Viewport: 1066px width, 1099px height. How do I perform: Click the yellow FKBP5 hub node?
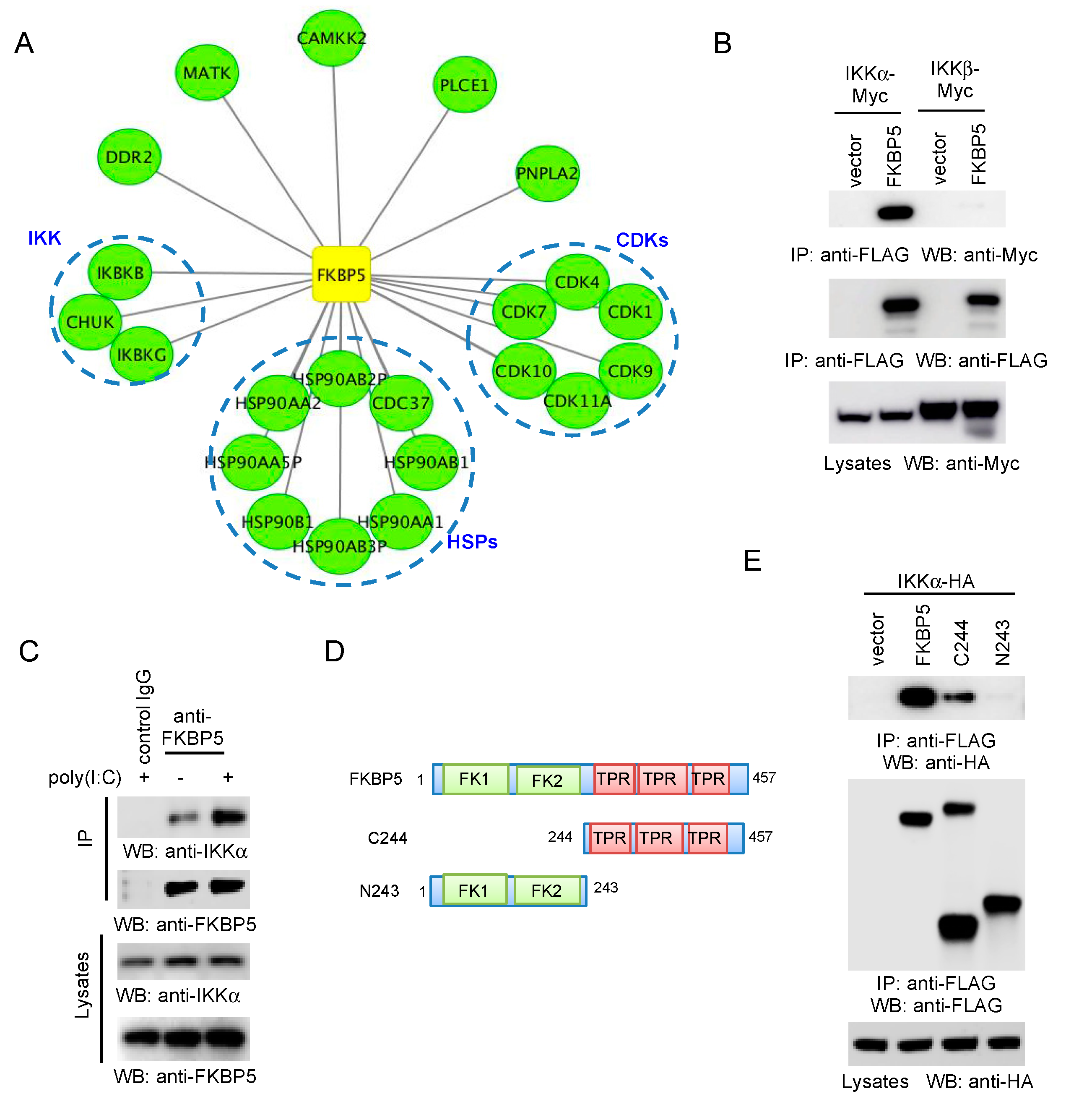[x=341, y=274]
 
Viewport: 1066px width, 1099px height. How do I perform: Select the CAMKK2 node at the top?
[x=332, y=38]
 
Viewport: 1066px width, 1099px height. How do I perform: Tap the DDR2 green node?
[x=129, y=157]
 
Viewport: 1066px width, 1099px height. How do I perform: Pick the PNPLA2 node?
[x=547, y=173]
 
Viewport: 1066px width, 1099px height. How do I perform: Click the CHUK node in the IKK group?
[x=90, y=322]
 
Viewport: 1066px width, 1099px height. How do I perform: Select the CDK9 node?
[x=630, y=371]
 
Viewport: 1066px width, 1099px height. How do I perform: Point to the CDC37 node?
[x=401, y=402]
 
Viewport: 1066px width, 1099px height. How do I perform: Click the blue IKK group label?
[x=44, y=238]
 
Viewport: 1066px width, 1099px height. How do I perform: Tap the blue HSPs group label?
[x=472, y=542]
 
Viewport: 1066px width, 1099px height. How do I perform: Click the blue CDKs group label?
[x=642, y=240]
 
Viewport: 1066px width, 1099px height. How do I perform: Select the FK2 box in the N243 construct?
[x=546, y=890]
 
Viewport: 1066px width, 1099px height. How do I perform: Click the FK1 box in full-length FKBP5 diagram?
[x=474, y=779]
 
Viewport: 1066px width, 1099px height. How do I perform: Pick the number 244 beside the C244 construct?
[x=559, y=837]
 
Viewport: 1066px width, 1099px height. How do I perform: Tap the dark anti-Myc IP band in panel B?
[x=895, y=212]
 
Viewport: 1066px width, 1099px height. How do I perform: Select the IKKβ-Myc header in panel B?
[x=954, y=80]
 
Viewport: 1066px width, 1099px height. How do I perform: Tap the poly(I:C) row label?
[x=85, y=777]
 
